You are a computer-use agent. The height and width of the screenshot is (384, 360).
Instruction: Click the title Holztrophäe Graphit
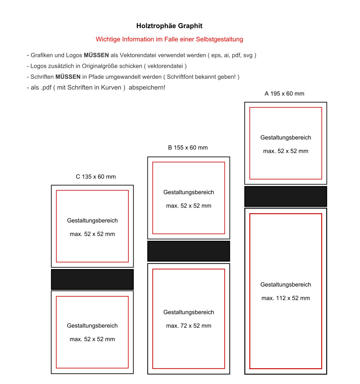click(169, 26)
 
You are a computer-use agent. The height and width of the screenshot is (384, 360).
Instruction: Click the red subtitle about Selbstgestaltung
click(169, 39)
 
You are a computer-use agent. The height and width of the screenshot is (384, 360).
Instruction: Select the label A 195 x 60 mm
click(284, 94)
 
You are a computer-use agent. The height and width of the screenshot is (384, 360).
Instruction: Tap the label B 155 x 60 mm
click(188, 147)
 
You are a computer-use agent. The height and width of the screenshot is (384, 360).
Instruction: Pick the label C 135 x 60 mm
click(95, 177)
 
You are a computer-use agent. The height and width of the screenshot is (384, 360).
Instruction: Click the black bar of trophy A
click(285, 196)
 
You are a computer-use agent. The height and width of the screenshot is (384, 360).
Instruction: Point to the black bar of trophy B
click(188, 251)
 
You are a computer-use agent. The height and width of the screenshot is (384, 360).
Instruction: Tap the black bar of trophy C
click(92, 279)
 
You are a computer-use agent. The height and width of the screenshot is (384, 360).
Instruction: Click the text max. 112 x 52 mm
click(285, 298)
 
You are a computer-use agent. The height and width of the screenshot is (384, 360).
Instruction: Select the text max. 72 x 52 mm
click(188, 326)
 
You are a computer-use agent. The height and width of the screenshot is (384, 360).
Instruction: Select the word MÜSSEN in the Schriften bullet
click(68, 77)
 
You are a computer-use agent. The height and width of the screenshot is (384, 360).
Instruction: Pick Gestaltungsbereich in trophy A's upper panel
click(285, 138)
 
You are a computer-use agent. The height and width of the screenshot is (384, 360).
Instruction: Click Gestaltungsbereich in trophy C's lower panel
click(92, 326)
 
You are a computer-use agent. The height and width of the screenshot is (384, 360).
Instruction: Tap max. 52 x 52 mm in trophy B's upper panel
click(188, 206)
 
